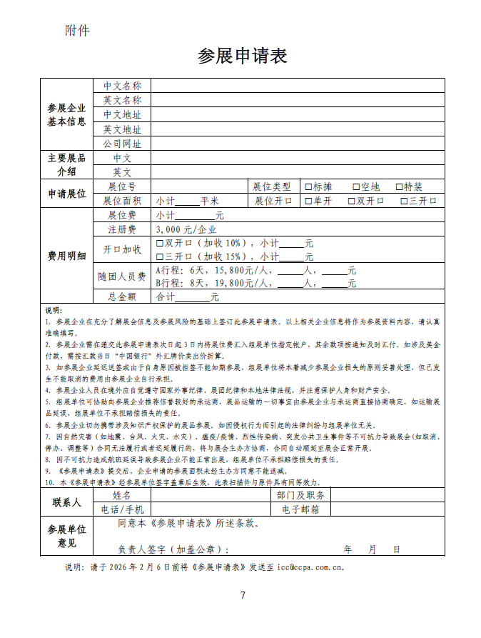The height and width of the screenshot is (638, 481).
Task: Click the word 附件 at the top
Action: click(x=77, y=30)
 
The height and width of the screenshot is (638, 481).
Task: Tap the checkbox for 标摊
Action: click(x=308, y=186)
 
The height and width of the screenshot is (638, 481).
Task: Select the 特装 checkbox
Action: click(x=399, y=186)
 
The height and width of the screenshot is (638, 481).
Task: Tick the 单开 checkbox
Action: click(x=308, y=201)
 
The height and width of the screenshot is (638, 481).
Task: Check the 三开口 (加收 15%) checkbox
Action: click(x=160, y=256)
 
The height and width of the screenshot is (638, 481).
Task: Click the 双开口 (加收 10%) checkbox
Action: click(x=160, y=243)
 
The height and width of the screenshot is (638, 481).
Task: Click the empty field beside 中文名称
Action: click(x=297, y=86)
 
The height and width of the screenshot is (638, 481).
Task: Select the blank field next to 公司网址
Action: click(x=297, y=144)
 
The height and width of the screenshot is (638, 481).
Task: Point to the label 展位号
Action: click(x=122, y=186)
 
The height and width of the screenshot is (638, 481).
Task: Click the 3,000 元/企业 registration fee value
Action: click(x=186, y=229)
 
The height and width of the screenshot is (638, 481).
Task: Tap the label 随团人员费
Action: click(x=122, y=276)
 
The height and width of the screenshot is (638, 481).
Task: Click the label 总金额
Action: click(x=122, y=296)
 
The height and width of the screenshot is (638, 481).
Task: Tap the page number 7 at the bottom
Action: click(x=243, y=596)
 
